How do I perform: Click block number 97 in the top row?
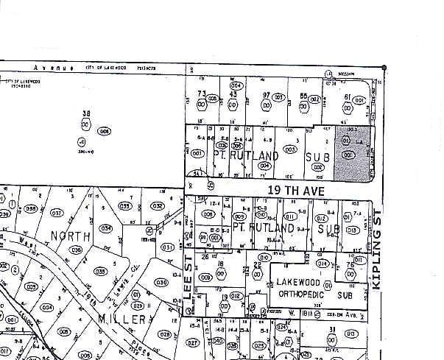(267, 96)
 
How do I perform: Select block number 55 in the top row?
(303, 96)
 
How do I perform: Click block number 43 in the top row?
(233, 94)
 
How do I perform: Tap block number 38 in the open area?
(86, 114)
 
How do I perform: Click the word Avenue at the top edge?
(58, 68)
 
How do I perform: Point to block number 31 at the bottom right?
(332, 329)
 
